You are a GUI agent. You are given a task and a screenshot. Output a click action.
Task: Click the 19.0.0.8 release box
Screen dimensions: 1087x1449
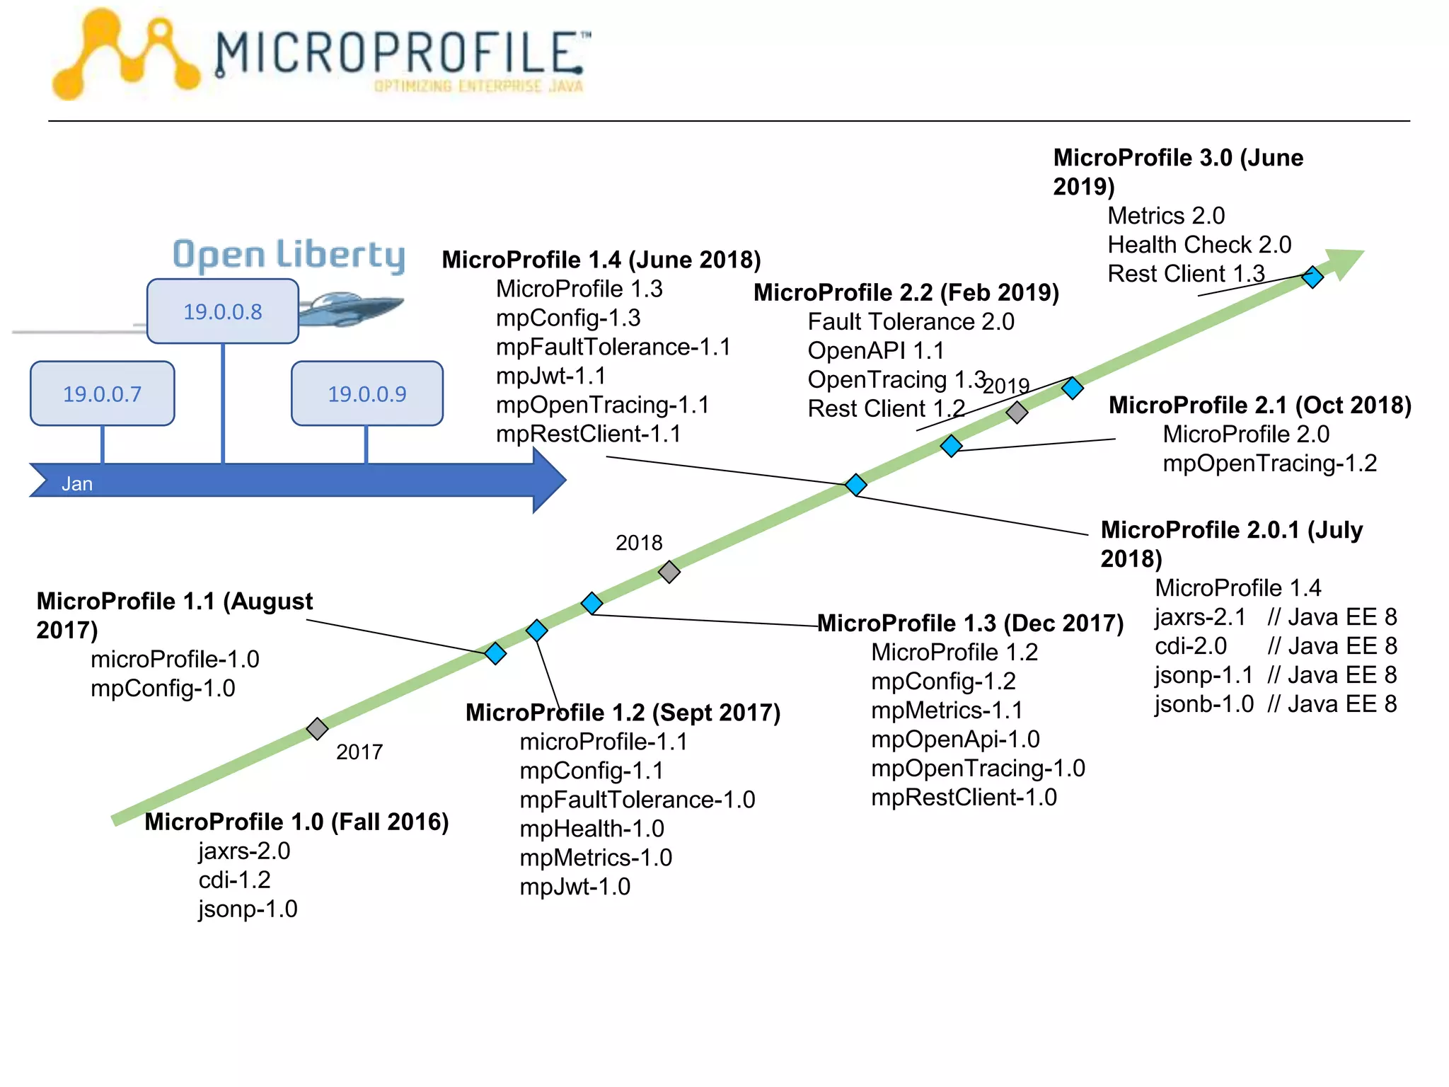coord(222,311)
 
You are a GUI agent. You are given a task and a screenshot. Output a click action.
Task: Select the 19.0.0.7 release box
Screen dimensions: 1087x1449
coord(102,393)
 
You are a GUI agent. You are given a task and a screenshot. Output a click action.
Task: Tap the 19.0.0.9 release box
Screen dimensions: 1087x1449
coord(366,393)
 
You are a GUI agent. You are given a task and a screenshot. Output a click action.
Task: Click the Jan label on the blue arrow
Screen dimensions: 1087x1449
coord(76,484)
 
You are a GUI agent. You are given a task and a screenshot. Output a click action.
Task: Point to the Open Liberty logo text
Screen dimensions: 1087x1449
coord(289,255)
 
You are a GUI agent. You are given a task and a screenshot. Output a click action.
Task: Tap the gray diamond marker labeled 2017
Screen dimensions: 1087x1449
coord(317,728)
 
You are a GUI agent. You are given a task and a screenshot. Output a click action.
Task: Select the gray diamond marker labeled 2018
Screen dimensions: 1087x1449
coord(669,571)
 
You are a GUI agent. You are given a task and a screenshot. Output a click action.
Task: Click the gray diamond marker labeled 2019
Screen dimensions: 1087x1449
coord(1017,412)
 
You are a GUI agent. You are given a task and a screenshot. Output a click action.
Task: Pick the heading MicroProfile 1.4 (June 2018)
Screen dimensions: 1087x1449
coord(601,260)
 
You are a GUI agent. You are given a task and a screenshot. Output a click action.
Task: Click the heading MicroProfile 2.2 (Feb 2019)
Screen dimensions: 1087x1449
coord(906,292)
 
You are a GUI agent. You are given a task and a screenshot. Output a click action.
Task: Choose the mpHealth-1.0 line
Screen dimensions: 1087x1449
coord(591,829)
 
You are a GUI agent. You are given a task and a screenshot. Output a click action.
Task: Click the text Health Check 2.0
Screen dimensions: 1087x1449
coord(1199,245)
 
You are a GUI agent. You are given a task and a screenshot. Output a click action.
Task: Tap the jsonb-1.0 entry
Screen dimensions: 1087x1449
coord(1203,704)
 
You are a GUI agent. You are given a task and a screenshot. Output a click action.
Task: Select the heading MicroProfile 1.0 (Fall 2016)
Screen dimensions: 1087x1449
coord(296,822)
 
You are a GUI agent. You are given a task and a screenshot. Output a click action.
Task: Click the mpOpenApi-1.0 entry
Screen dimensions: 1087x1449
coord(955,740)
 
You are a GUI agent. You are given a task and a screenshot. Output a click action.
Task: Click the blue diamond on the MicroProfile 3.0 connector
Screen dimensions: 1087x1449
coord(1312,277)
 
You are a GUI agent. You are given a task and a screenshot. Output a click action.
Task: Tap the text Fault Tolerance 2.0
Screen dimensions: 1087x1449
coord(911,322)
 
